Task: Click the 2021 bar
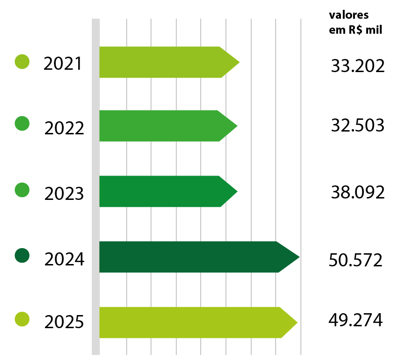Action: [164, 62]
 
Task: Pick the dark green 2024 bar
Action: [192, 257]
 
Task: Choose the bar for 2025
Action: [192, 323]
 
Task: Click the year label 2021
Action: [63, 64]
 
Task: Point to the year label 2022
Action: [64, 128]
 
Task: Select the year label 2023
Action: [64, 193]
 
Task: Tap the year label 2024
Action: [64, 259]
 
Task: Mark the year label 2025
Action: [64, 323]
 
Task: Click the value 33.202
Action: [357, 66]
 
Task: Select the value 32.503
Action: [357, 126]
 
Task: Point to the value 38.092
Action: [357, 191]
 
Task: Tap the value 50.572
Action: [355, 260]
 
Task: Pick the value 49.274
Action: [356, 321]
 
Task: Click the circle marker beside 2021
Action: [22, 61]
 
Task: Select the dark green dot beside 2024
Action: [22, 256]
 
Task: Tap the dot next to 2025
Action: [22, 319]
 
